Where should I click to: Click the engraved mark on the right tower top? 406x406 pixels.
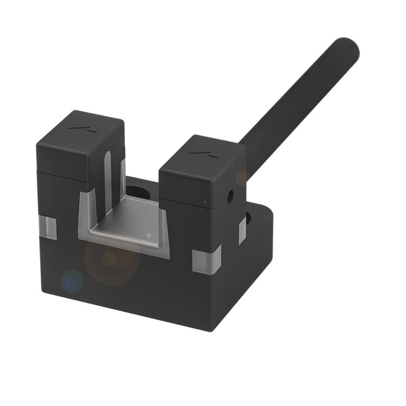tap(200, 154)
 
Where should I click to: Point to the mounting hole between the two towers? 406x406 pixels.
tap(137, 191)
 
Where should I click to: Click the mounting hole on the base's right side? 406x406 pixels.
tap(248, 219)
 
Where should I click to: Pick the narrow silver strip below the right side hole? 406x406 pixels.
tap(241, 232)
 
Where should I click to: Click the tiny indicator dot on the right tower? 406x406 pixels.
tap(204, 202)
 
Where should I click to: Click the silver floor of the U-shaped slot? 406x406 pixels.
tap(136, 223)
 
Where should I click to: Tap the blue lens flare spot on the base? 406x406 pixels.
tap(72, 281)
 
